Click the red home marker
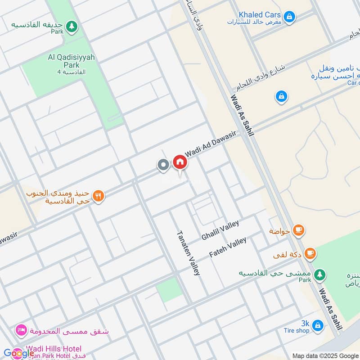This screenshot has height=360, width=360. (180, 162)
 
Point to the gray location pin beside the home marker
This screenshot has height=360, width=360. (163, 165)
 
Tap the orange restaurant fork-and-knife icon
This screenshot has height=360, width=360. (99, 196)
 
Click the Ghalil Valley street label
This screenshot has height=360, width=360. (220, 230)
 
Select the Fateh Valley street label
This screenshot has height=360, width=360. (228, 247)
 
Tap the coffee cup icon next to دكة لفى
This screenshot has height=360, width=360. (310, 254)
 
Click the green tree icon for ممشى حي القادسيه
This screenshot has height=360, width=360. (319, 274)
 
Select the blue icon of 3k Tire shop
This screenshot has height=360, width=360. (317, 324)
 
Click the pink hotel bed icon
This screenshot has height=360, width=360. (20, 331)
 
